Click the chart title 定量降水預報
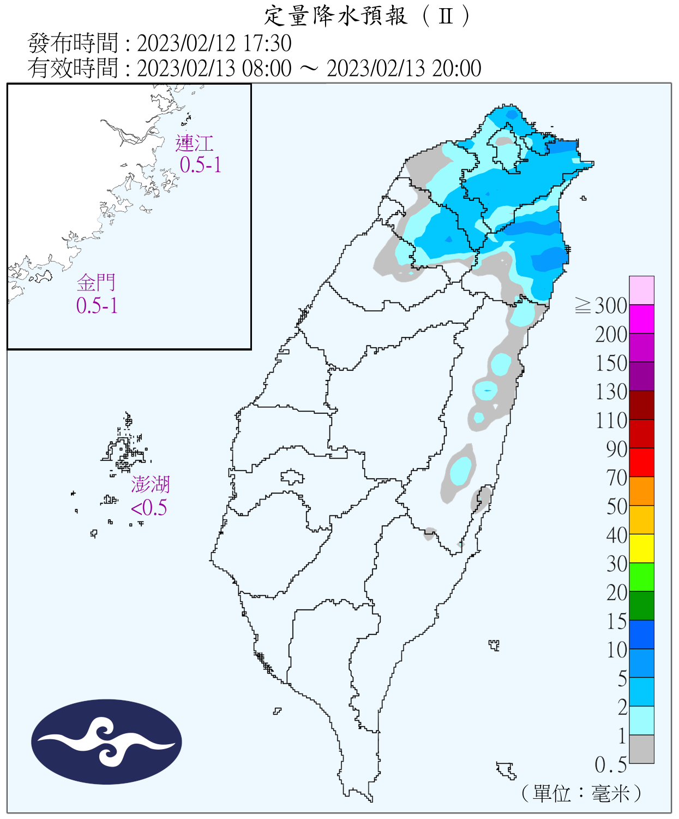pyautogui.click(x=335, y=16)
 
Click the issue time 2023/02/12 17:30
pyautogui.click(x=214, y=43)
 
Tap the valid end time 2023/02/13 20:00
pyautogui.click(x=404, y=68)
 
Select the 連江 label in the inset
pyautogui.click(x=194, y=144)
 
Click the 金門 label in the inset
pyautogui.click(x=96, y=283)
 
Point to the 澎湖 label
pyautogui.click(x=151, y=484)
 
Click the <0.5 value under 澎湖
pyautogui.click(x=149, y=508)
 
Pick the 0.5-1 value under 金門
pyautogui.click(x=97, y=306)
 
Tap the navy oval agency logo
pyautogui.click(x=106, y=741)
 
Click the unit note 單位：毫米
pyautogui.click(x=582, y=793)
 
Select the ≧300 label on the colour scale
pyautogui.click(x=601, y=306)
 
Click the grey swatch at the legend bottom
pyautogui.click(x=641, y=749)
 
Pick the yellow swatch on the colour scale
pyautogui.click(x=641, y=548)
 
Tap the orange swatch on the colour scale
pyautogui.click(x=641, y=491)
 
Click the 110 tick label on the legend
pyautogui.click(x=611, y=420)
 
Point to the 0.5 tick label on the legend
pyautogui.click(x=610, y=765)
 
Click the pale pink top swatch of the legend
pyautogui.click(x=641, y=290)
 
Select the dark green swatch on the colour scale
pyautogui.click(x=641, y=606)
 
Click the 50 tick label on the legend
pyautogui.click(x=617, y=506)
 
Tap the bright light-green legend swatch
pyautogui.click(x=641, y=577)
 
